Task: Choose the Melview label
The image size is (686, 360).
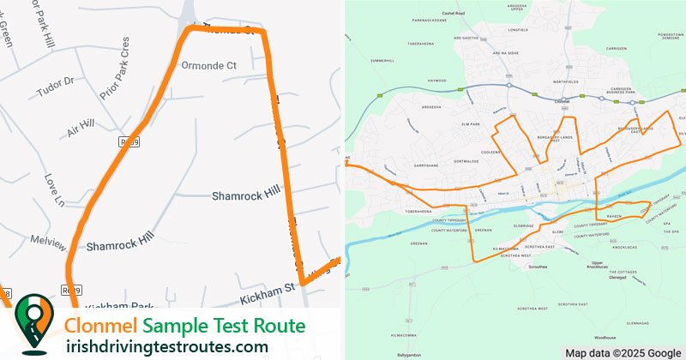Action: (47, 242)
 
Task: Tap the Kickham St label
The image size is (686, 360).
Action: (267, 293)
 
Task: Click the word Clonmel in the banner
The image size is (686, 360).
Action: (102, 326)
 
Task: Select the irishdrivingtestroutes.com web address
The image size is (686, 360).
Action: (166, 346)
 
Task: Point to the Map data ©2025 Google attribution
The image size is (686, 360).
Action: (622, 353)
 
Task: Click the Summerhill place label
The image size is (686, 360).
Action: (381, 61)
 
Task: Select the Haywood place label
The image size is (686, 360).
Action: (438, 81)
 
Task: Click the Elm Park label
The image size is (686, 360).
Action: (469, 124)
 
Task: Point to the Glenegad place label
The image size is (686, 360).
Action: (617, 278)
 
